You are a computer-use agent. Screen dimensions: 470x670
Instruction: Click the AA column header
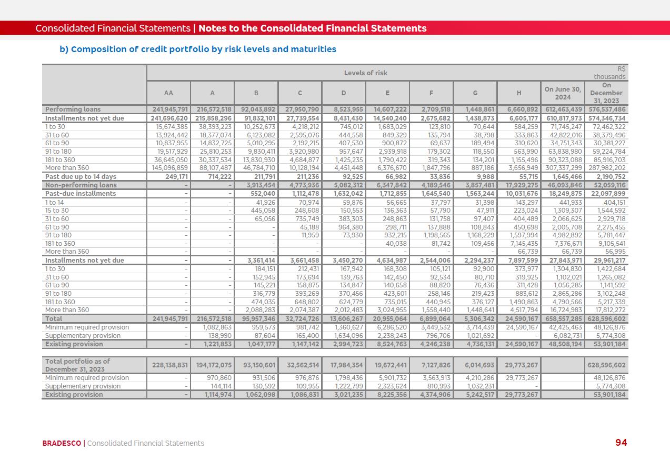click(x=168, y=93)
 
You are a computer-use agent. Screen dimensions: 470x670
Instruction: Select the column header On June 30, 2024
click(x=562, y=93)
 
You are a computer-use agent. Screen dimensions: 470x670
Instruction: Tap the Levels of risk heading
click(x=365, y=73)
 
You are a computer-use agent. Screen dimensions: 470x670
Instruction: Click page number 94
click(x=621, y=443)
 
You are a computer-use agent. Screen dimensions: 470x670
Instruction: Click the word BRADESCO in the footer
click(x=62, y=443)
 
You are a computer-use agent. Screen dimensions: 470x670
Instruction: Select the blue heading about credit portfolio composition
click(x=197, y=49)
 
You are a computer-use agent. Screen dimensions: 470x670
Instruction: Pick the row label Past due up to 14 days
click(x=81, y=177)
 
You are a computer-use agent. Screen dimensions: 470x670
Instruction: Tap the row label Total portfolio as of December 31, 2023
click(x=77, y=365)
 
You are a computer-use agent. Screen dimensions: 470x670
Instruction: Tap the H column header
click(x=518, y=93)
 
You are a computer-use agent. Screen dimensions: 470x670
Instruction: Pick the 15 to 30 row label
click(x=56, y=211)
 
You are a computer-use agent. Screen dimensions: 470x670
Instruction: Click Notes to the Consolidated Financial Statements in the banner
click(x=312, y=28)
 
